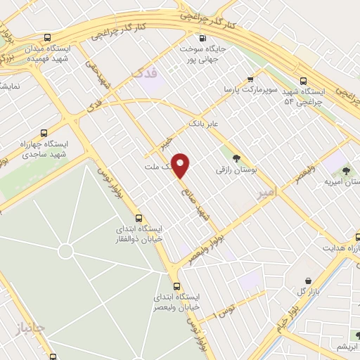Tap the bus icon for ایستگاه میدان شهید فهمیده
pos(46,38)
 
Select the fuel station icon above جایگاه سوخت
pos(202,39)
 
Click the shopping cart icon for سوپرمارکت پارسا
pos(250,79)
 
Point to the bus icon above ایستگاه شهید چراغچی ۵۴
pos(303,81)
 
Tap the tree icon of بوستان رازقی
pos(236,158)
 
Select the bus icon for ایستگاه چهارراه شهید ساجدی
pos(44,133)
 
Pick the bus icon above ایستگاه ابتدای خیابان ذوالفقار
pos(139,218)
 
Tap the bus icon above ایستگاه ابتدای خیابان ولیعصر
pos(176,286)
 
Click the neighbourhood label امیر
pos(267,191)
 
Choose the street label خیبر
pos(166,143)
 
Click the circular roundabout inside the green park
pos(65,250)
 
